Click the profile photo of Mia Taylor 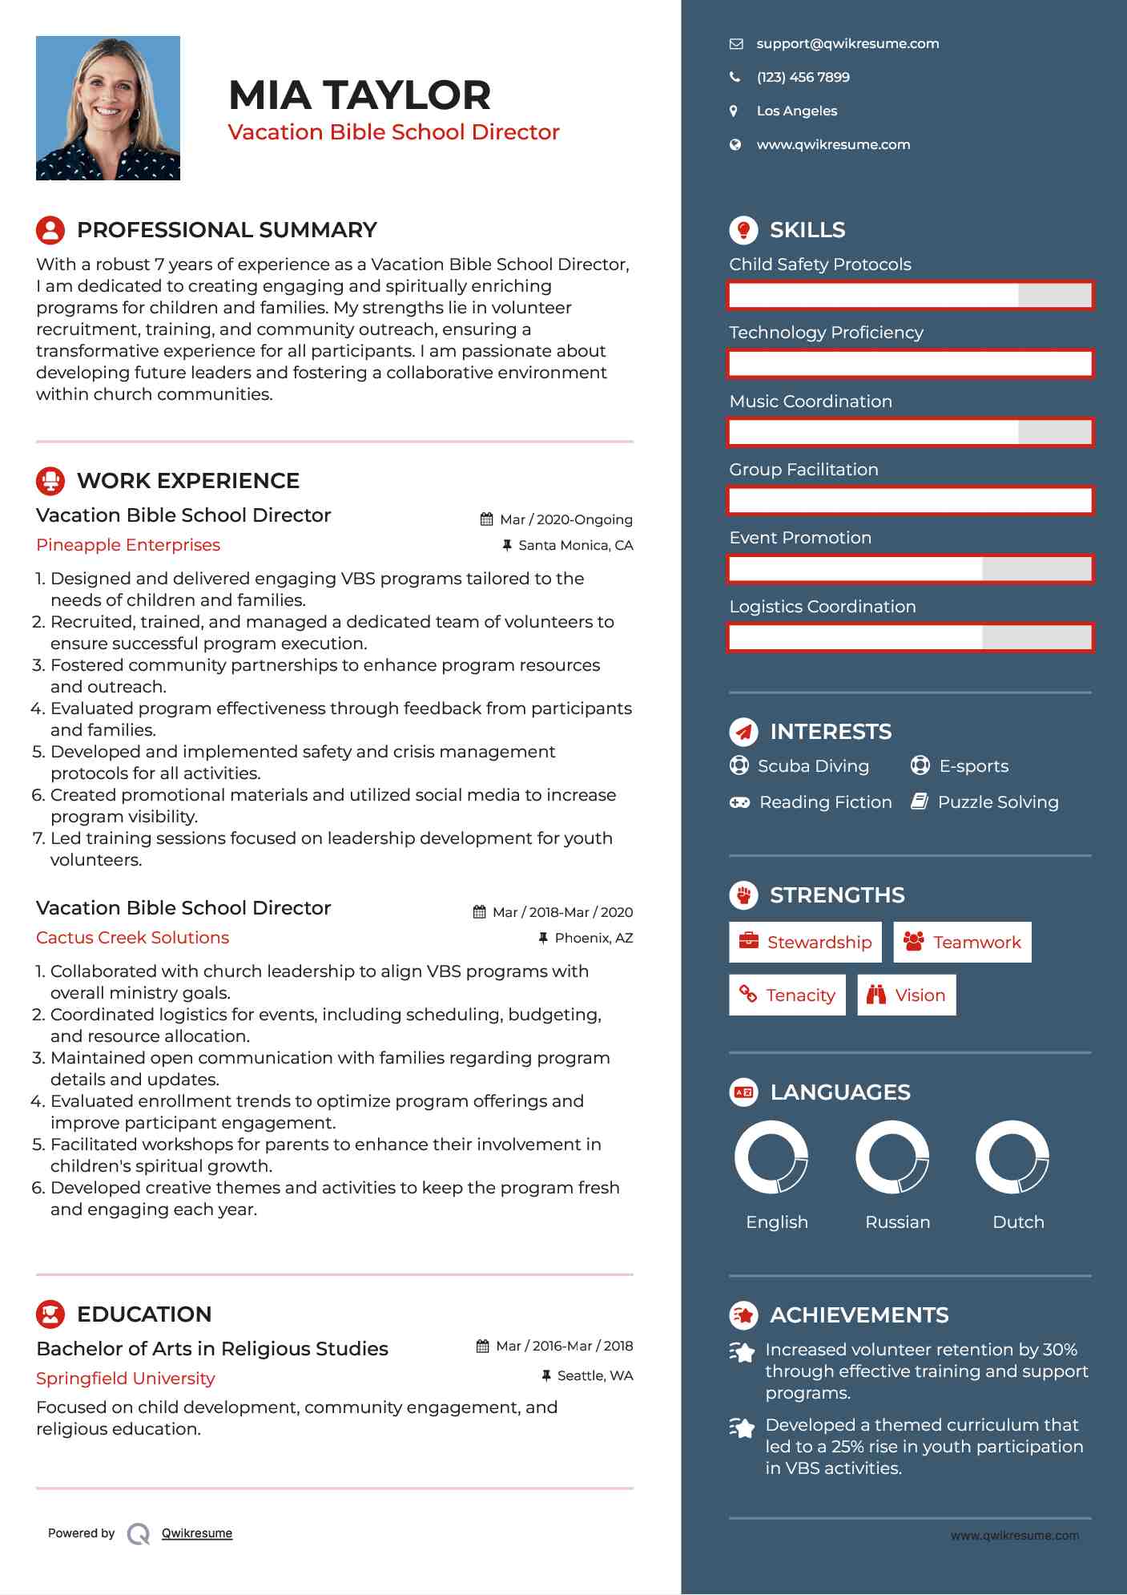click(108, 108)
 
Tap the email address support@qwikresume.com click(847, 44)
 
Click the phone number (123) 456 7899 click(803, 78)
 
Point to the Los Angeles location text click(796, 111)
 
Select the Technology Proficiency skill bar click(910, 364)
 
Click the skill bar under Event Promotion click(910, 569)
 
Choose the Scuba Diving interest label click(813, 766)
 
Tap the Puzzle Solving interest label click(997, 802)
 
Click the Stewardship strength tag click(805, 943)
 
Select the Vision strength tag click(907, 995)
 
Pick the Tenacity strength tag click(787, 995)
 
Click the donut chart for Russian click(892, 1157)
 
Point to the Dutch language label click(1018, 1222)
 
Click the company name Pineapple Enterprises click(128, 545)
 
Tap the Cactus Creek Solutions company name click(132, 938)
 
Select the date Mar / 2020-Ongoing click(566, 519)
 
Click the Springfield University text click(126, 1379)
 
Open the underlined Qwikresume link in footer click(196, 1533)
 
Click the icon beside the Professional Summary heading click(50, 230)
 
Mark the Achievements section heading click(859, 1315)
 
